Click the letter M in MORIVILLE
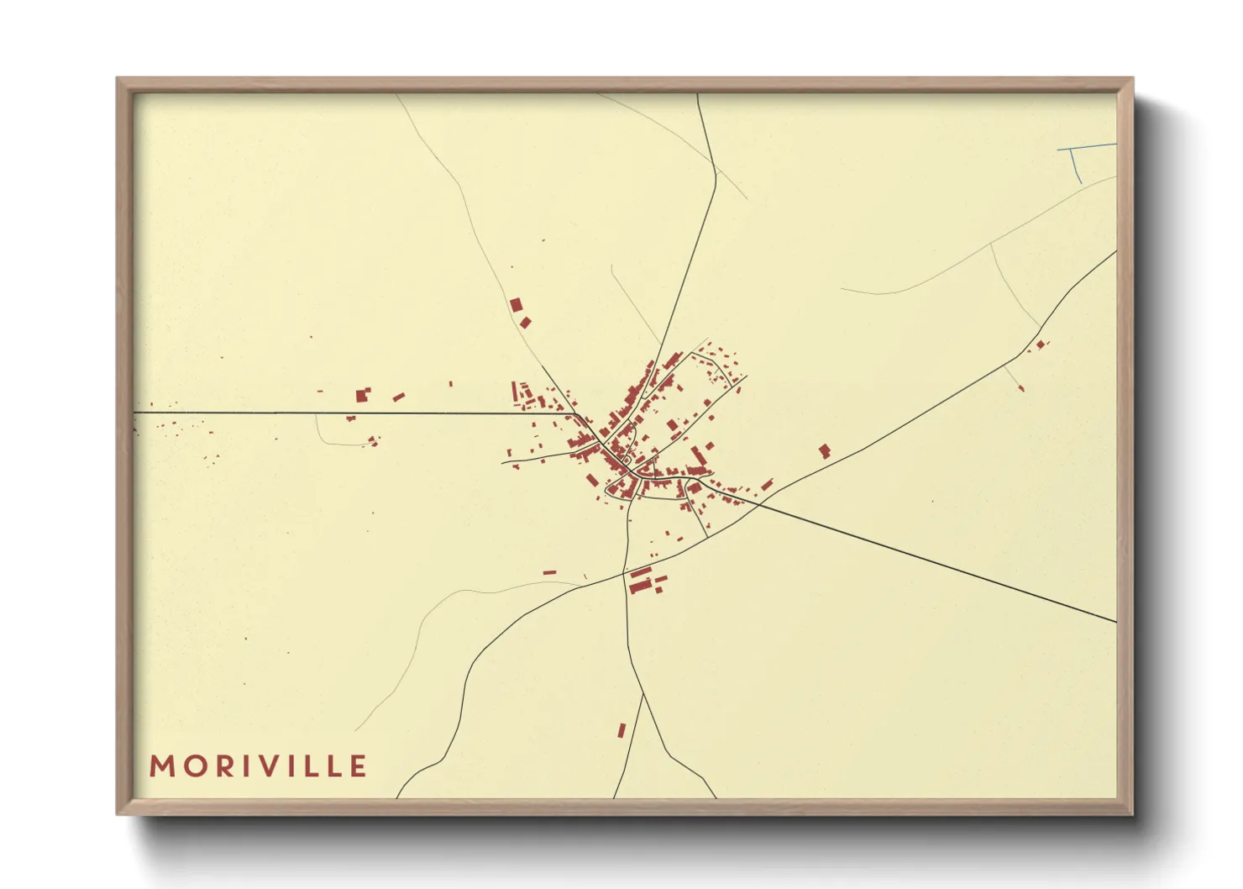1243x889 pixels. (160, 766)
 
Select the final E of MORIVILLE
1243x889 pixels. (359, 766)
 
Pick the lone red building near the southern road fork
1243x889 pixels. (621, 730)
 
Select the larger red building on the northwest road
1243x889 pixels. (516, 305)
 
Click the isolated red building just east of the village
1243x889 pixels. (824, 451)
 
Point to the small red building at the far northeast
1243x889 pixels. (1040, 344)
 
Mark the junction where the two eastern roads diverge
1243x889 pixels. (758, 502)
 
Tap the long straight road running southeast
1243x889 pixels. (941, 564)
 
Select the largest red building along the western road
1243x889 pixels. (363, 394)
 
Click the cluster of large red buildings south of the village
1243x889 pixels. (642, 580)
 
